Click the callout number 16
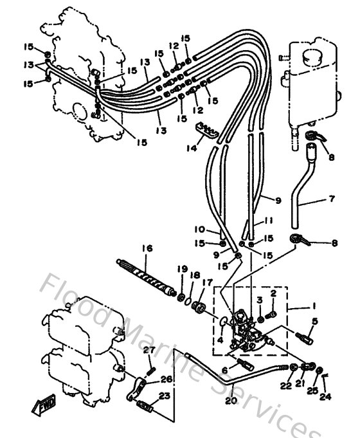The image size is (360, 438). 147,248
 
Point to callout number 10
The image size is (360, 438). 199,230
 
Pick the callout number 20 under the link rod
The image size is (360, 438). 230,400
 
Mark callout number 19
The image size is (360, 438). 182,268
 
